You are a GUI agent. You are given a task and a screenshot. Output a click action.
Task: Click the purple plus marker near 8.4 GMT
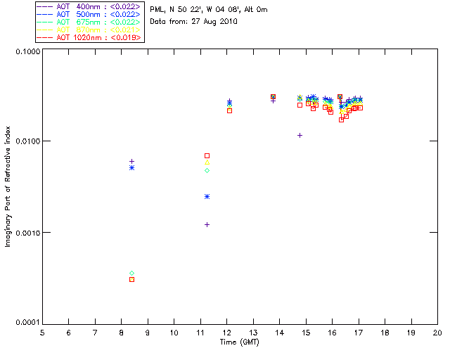point(131,161)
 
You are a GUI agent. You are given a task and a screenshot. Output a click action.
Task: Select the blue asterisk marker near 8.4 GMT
point(131,167)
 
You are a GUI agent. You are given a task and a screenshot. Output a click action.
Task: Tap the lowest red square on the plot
point(131,279)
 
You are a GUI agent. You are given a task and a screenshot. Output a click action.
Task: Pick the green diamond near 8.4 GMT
point(131,273)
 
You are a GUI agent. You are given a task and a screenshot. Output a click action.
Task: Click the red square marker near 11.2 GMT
point(207,155)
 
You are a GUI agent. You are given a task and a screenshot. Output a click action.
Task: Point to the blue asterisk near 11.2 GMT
point(207,196)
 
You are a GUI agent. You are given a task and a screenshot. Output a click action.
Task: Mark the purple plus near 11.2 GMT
point(207,224)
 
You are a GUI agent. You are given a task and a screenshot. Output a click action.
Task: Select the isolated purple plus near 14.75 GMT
point(300,135)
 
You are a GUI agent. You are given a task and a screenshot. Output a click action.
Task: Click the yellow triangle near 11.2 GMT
point(207,162)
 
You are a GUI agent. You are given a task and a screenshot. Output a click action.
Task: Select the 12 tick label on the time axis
point(227,333)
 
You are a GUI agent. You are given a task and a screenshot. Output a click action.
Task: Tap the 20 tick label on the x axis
point(437,333)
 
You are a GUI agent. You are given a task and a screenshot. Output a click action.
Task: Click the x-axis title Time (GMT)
point(239,342)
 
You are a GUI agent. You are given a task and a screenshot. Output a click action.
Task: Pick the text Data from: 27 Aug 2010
point(193,22)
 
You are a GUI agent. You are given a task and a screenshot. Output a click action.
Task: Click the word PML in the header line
point(157,10)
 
